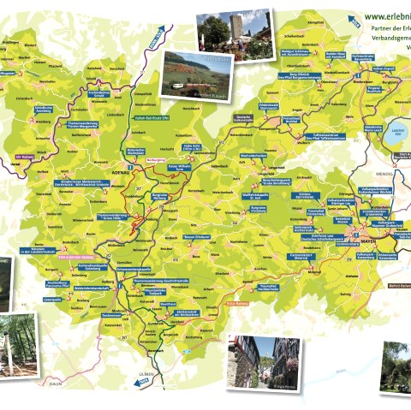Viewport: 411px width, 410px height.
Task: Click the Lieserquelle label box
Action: pos(51,299)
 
